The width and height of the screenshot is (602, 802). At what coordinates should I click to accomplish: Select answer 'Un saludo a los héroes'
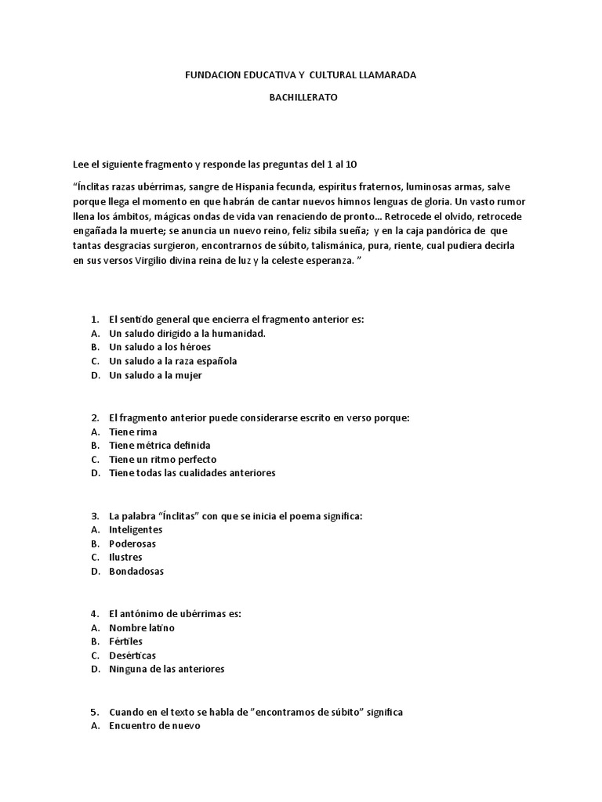pyautogui.click(x=160, y=347)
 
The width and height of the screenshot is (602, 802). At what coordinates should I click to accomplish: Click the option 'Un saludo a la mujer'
pyautogui.click(x=155, y=375)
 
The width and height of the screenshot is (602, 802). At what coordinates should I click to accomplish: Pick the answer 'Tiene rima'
pyautogui.click(x=132, y=432)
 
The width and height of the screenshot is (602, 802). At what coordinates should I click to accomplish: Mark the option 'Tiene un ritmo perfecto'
pyautogui.click(x=162, y=459)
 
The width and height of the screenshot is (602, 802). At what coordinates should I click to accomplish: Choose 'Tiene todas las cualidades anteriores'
pyautogui.click(x=192, y=473)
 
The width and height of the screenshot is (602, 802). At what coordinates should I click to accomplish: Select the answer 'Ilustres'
pyautogui.click(x=125, y=557)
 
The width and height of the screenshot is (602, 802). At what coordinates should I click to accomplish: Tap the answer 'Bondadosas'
pyautogui.click(x=136, y=571)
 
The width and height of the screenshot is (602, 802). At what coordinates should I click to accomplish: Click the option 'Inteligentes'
pyautogui.click(x=136, y=529)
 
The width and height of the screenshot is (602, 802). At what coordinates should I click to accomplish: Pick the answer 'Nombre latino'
pyautogui.click(x=142, y=627)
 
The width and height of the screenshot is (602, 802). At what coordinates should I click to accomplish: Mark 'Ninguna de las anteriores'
pyautogui.click(x=166, y=669)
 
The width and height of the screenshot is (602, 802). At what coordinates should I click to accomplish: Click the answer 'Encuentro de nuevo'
pyautogui.click(x=154, y=725)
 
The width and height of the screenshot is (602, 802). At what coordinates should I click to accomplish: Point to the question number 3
pyautogui.click(x=94, y=515)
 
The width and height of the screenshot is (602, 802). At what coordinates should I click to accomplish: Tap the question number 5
pyautogui.click(x=94, y=711)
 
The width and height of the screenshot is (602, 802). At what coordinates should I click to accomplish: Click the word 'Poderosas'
pyautogui.click(x=132, y=544)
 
